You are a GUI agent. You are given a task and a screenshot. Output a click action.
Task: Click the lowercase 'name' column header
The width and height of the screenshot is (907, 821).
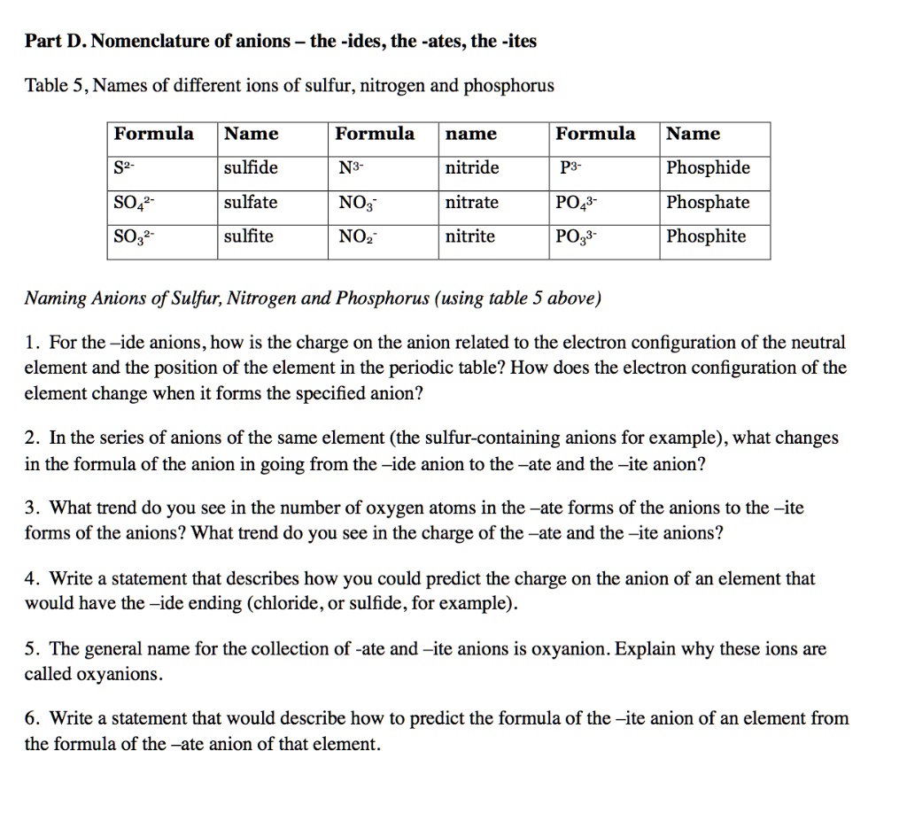pos(470,135)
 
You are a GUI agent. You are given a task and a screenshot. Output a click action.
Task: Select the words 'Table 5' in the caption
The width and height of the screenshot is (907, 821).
pos(55,86)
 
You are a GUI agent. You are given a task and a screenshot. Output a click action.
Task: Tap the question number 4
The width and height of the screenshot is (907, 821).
pos(31,579)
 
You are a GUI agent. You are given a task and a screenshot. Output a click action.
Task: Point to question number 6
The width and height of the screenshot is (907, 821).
pos(31,718)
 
